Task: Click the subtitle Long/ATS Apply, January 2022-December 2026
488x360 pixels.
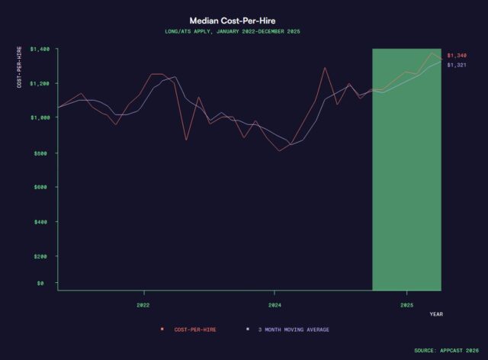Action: [243, 32]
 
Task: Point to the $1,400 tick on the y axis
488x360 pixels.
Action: [40, 49]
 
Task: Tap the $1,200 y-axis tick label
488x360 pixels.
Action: [40, 83]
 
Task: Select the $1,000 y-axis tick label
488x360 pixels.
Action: [40, 117]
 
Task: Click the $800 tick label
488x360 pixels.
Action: [43, 153]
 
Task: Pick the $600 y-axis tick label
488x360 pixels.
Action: [43, 187]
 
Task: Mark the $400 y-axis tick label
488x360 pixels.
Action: [43, 221]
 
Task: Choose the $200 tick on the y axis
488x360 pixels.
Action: [43, 256]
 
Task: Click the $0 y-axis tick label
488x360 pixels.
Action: [47, 283]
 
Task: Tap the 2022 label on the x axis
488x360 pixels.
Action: [143, 303]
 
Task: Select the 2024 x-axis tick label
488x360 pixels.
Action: [275, 303]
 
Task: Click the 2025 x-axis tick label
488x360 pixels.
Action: [406, 303]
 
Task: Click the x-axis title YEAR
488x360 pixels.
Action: [435, 313]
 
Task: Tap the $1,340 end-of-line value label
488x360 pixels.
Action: [457, 56]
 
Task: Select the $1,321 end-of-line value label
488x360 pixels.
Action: [457, 65]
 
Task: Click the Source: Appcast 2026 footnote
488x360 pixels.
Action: [446, 350]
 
